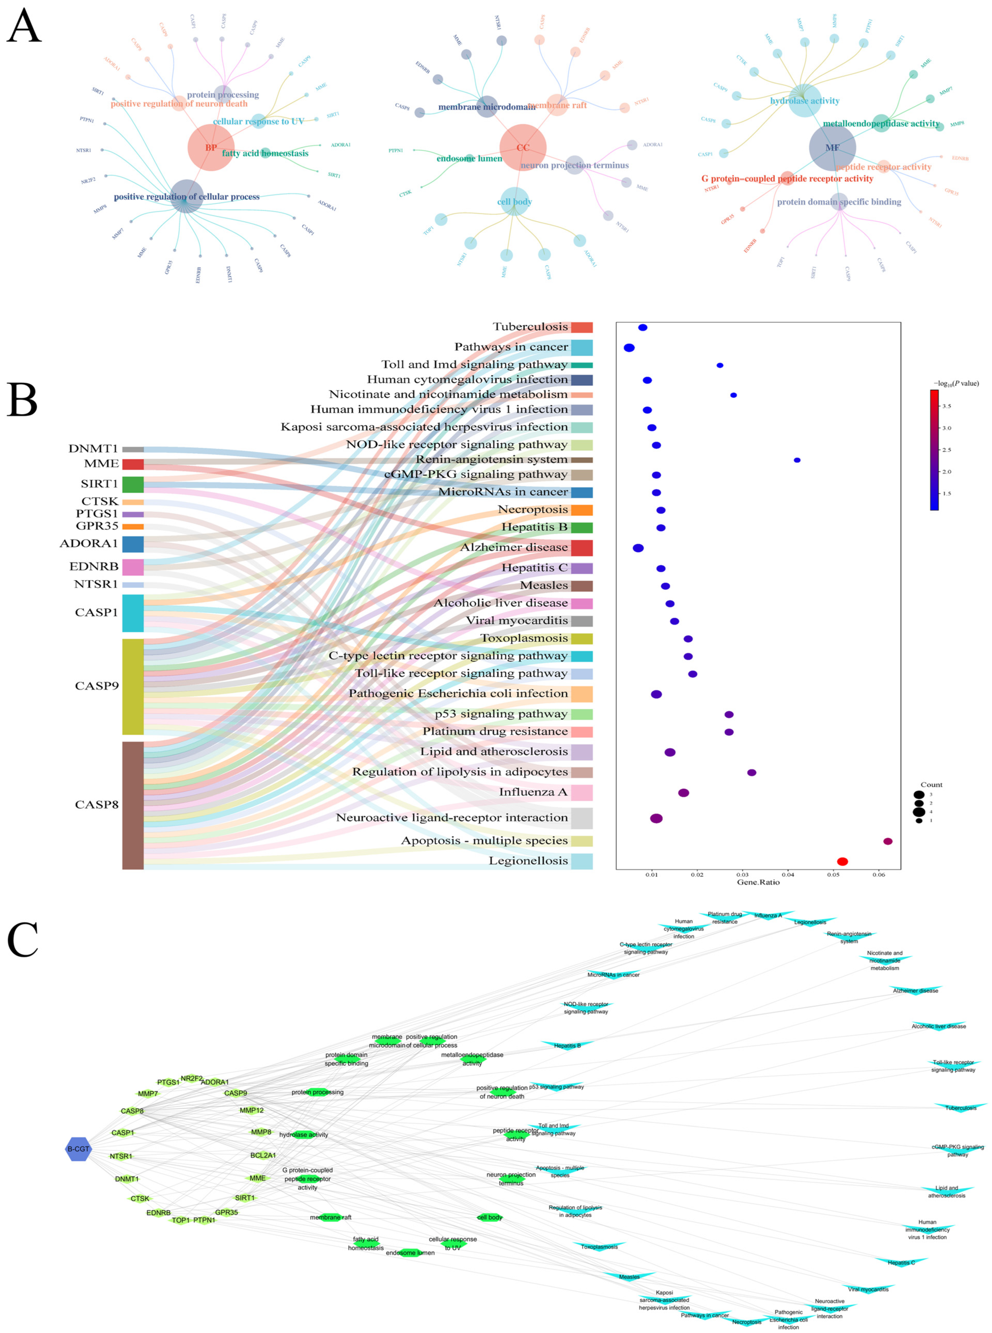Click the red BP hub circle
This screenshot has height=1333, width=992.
tap(211, 148)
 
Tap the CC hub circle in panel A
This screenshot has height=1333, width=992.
tap(523, 148)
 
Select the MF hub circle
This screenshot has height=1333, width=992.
tap(832, 148)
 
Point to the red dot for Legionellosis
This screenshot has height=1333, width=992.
tap(843, 861)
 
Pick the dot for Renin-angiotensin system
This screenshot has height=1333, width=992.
tap(797, 460)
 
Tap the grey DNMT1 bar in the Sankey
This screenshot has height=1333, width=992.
tap(133, 449)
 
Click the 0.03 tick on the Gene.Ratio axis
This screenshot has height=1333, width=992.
tap(742, 874)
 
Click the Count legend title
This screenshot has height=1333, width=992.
tap(931, 784)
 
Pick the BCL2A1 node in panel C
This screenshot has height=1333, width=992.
tap(263, 1155)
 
